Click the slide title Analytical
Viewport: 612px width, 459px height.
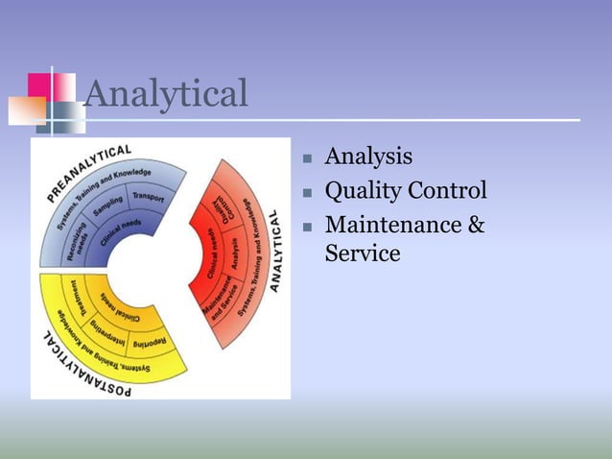(x=166, y=94)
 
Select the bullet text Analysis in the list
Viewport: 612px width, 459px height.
(x=369, y=156)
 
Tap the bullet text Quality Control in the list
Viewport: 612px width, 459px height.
(x=406, y=190)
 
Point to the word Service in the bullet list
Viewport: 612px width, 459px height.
(x=363, y=254)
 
